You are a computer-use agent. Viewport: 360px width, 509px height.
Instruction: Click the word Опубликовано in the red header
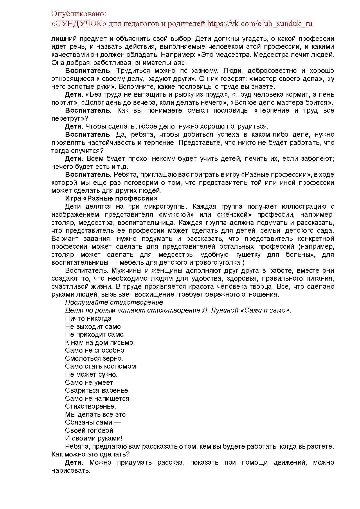pyautogui.click(x=78, y=14)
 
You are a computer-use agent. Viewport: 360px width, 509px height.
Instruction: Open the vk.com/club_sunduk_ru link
pyautogui.click(x=260, y=24)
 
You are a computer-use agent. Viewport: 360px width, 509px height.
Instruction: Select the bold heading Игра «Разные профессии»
pyautogui.click(x=111, y=198)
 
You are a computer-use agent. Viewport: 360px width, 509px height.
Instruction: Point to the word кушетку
pyautogui.click(x=240, y=255)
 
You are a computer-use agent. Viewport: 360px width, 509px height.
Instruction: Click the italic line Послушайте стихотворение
pyautogui.click(x=115, y=302)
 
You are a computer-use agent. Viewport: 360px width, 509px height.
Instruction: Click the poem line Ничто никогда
pyautogui.click(x=88, y=318)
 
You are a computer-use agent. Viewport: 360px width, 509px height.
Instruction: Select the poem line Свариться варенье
pyautogui.click(x=97, y=390)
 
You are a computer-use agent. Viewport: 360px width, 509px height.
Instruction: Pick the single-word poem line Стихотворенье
pyautogui.click(x=90, y=406)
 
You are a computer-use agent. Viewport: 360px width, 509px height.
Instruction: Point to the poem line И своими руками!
pyautogui.click(x=93, y=438)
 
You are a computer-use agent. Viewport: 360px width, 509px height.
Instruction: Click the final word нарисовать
pyautogui.click(x=71, y=470)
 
